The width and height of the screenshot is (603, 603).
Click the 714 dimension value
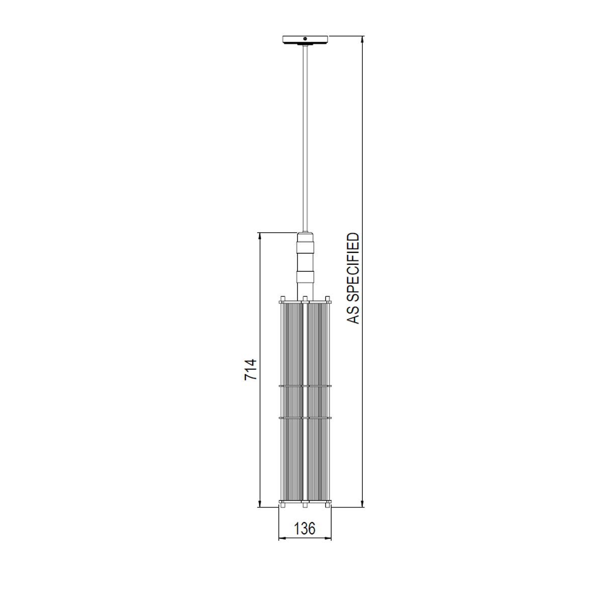click(x=250, y=369)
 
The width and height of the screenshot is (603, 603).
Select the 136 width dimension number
click(x=305, y=529)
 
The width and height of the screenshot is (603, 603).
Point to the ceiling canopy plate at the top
click(x=305, y=39)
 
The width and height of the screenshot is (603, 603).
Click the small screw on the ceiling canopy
click(x=305, y=39)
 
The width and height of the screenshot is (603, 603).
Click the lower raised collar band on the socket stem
click(x=305, y=276)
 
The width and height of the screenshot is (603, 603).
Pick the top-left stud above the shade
click(x=283, y=298)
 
